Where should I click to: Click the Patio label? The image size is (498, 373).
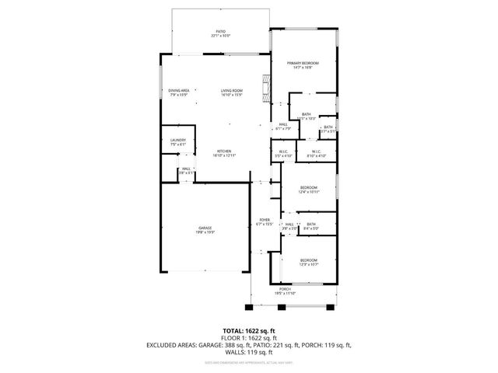point(221,32)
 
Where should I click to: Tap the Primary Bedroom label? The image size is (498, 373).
point(303,63)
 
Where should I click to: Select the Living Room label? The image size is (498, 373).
point(231,90)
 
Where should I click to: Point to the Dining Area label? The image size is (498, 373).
point(179,90)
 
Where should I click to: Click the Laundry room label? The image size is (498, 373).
point(178,140)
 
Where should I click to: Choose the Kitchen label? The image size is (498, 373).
point(224,151)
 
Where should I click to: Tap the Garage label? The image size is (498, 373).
point(205,227)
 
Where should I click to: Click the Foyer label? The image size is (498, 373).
point(264,220)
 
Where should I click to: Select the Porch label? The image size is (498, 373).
point(286,288)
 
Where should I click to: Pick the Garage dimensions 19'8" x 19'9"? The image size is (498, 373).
point(205,232)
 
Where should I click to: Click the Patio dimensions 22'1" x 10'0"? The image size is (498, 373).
point(221,37)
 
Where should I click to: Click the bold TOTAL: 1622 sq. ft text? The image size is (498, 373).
point(248,330)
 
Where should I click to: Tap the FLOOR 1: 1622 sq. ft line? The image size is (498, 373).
point(248,337)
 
